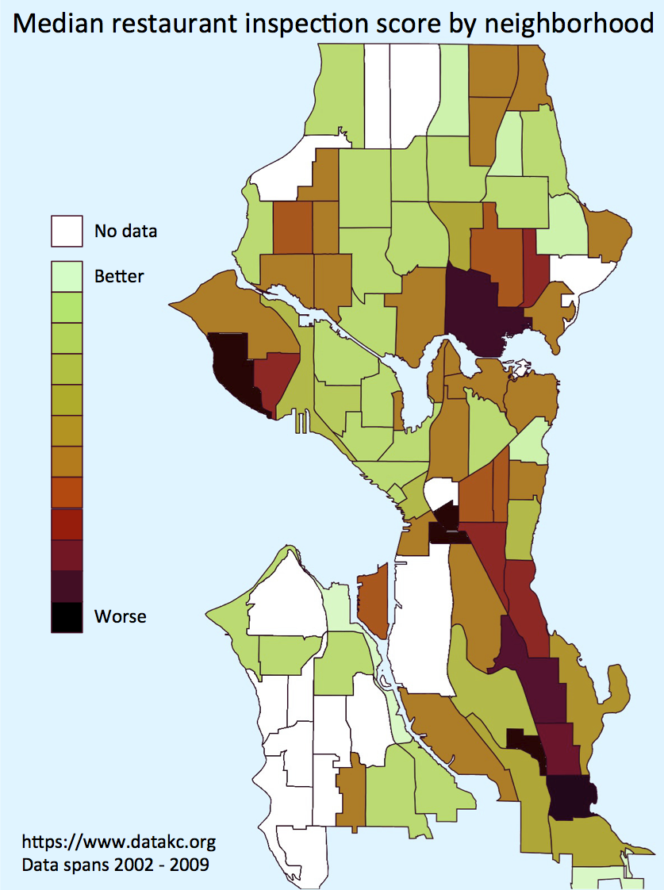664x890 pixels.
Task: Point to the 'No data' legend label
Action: [125, 232]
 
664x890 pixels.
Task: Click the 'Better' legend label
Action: [119, 276]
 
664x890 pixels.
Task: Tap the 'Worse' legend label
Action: [120, 616]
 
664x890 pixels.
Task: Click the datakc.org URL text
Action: [118, 841]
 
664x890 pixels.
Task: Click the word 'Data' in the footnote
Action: [39, 864]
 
